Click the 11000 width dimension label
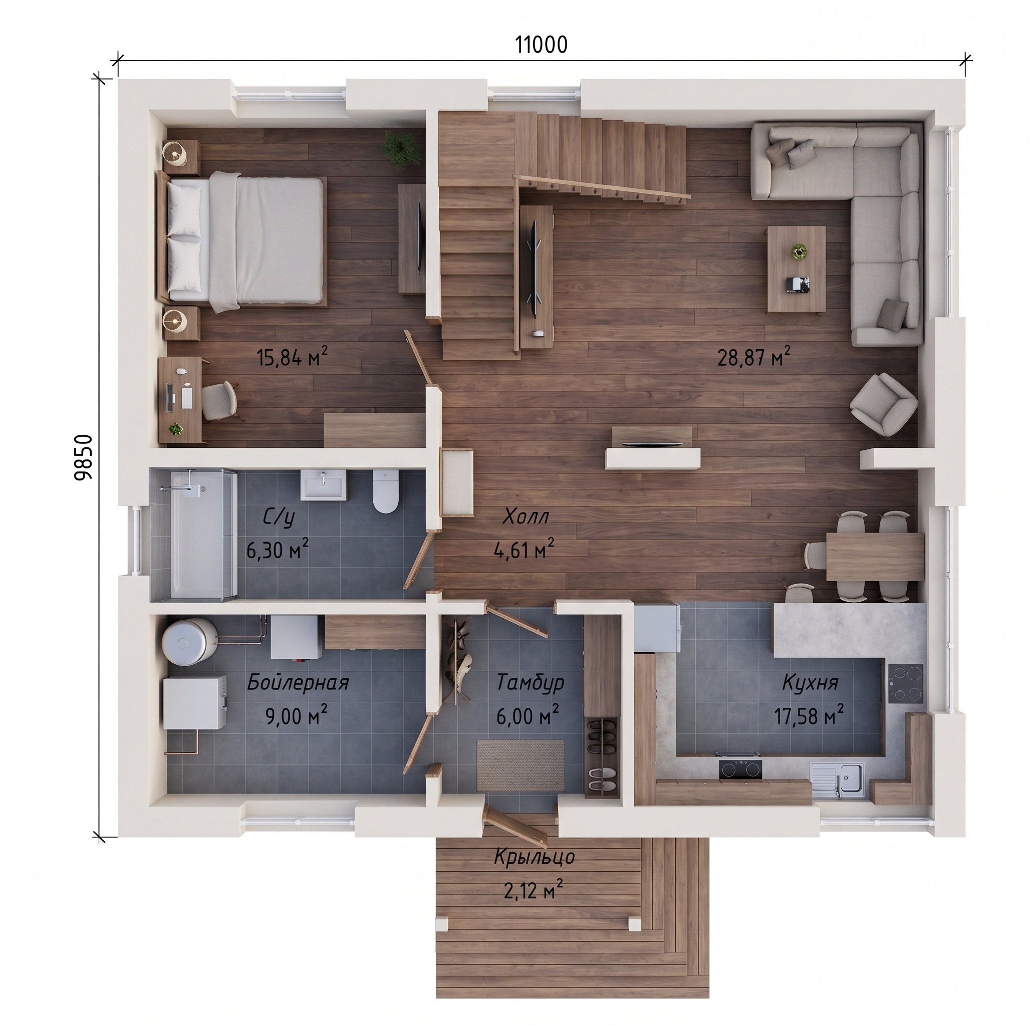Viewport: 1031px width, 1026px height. [x=541, y=46]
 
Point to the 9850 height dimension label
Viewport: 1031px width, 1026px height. [x=84, y=457]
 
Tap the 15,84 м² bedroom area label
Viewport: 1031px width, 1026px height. [x=293, y=356]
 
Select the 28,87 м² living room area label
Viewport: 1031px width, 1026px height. [x=753, y=356]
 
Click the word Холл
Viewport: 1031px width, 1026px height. [x=526, y=517]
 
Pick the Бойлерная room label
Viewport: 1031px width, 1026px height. [x=298, y=682]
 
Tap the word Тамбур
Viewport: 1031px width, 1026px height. [x=530, y=682]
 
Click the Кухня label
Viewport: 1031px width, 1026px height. [x=810, y=682]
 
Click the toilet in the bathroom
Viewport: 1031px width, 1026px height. [x=386, y=490]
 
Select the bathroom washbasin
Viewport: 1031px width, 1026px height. [x=324, y=484]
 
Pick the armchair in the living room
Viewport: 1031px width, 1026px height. [x=883, y=404]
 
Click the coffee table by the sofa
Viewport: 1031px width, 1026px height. [x=796, y=269]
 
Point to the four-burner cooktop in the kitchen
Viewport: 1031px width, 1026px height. [x=906, y=683]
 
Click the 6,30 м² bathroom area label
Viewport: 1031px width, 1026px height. [x=278, y=549]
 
